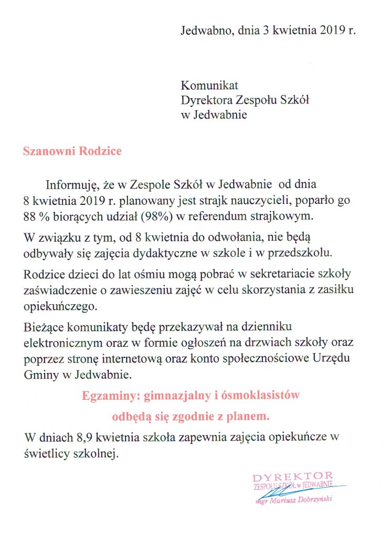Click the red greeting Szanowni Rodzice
72,151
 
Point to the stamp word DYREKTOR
292,477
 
